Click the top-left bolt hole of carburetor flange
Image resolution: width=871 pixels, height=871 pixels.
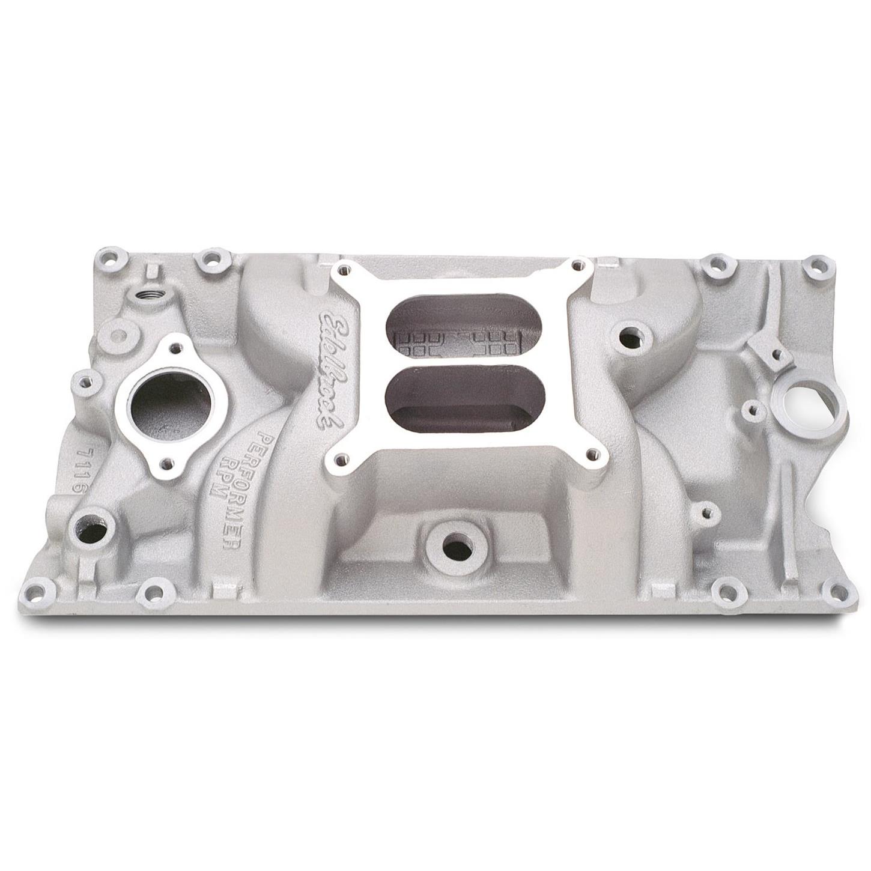[x=344, y=270]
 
